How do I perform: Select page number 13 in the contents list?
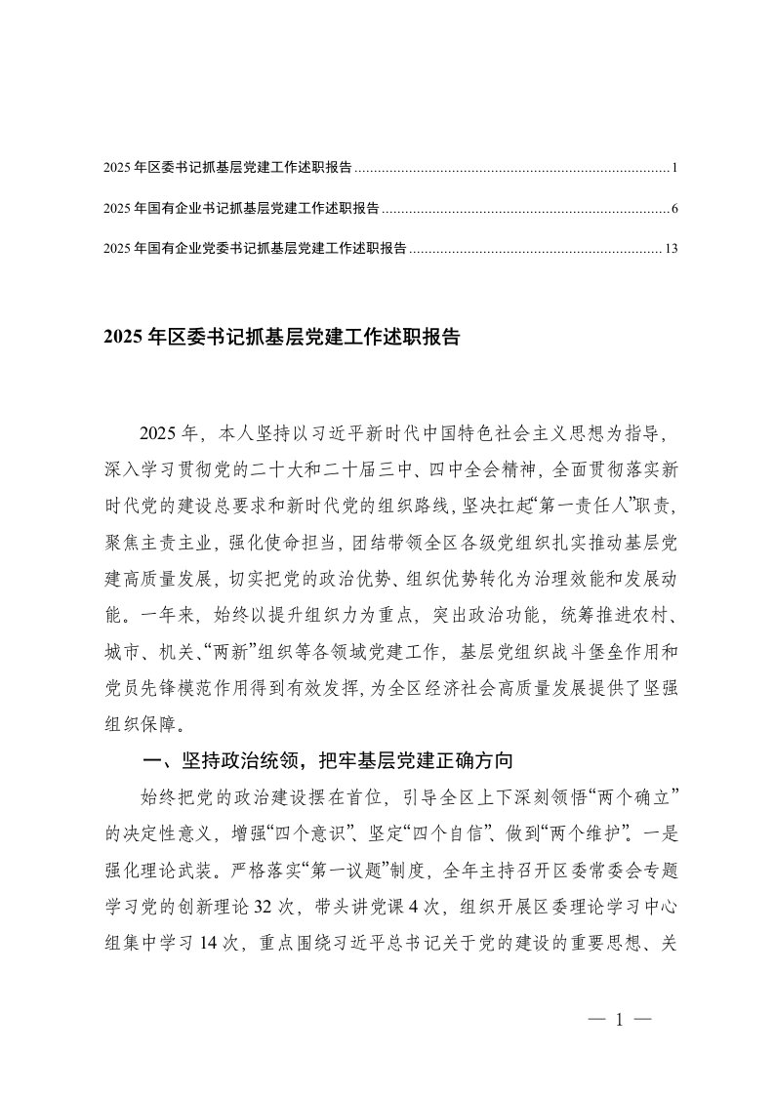click(671, 249)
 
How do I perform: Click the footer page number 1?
click(620, 1020)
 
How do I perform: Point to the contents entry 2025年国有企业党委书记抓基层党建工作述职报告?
click(255, 249)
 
